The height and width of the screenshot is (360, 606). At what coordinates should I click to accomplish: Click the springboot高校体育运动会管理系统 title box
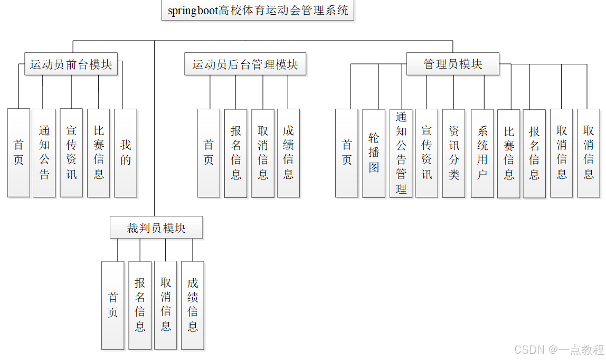(x=258, y=11)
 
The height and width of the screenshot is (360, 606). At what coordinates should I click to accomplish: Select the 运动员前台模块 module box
(x=71, y=64)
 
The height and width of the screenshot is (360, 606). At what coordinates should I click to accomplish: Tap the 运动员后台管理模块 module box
(x=245, y=64)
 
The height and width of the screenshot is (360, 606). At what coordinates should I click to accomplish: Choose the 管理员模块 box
(x=452, y=64)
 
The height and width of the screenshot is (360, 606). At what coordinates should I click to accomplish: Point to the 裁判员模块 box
(x=156, y=228)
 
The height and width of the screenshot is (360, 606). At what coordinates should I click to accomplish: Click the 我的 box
(x=126, y=153)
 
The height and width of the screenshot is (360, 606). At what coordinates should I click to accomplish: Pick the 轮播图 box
(x=374, y=153)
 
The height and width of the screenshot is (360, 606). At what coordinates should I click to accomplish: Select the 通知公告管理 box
(x=401, y=153)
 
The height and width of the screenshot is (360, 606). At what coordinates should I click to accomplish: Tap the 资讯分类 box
(x=454, y=153)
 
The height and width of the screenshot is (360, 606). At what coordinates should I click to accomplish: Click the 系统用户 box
(x=482, y=153)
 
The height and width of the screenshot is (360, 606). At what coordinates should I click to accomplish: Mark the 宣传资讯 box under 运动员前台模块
(x=71, y=153)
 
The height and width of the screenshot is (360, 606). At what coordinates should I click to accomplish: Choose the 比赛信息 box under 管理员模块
(x=509, y=153)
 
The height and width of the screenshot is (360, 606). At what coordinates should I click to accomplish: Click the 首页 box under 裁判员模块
(x=113, y=305)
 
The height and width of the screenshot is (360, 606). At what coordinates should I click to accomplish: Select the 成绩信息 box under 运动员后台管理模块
(x=288, y=153)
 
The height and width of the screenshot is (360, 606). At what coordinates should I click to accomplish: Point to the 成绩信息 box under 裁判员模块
(x=193, y=305)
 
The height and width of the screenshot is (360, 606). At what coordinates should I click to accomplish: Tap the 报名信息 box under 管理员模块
(x=534, y=153)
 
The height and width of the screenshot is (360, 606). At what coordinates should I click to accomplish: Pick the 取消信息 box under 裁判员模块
(x=166, y=305)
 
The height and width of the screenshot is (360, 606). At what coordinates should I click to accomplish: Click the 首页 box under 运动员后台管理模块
(x=209, y=153)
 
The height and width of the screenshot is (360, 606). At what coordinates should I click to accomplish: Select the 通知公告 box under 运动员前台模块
(x=44, y=153)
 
